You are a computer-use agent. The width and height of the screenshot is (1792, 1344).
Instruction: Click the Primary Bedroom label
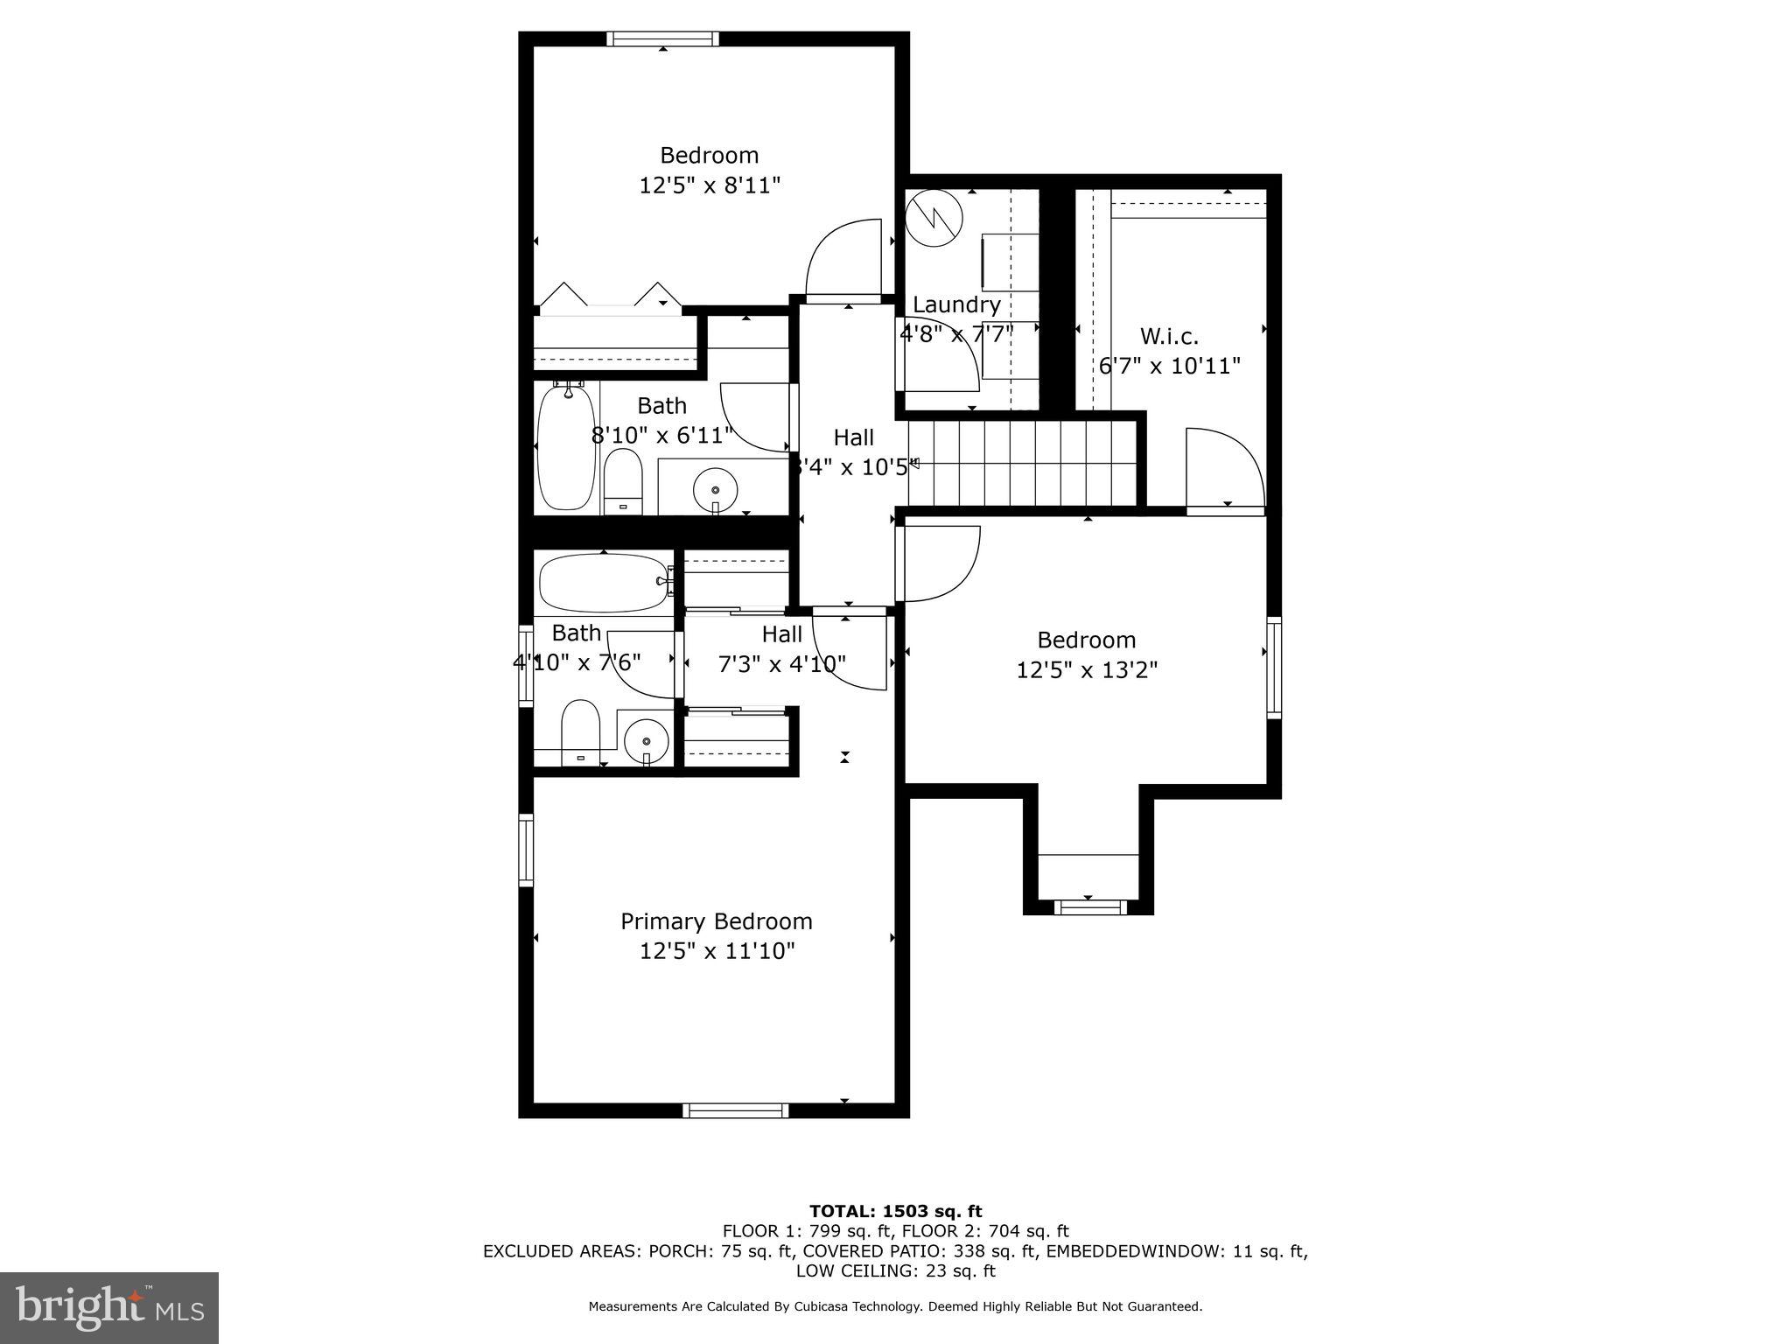pyautogui.click(x=716, y=921)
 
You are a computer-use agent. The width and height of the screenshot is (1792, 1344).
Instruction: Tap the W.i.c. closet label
pyautogui.click(x=1169, y=336)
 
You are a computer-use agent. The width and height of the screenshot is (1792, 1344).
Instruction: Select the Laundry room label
pyautogui.click(x=956, y=304)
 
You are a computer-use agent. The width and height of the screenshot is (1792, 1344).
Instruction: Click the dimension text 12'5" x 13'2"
pyautogui.click(x=1087, y=670)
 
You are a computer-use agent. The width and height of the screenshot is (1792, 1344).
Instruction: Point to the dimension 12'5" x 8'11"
pyautogui.click(x=710, y=185)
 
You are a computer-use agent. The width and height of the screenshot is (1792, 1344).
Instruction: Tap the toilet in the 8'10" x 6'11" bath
pyautogui.click(x=623, y=481)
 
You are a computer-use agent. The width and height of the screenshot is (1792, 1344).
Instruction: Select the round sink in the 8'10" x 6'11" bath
pyautogui.click(x=716, y=484)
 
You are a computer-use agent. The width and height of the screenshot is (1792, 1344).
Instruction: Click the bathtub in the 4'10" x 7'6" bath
pyautogui.click(x=603, y=583)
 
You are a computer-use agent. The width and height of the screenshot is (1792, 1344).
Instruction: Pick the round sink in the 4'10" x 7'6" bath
pyautogui.click(x=647, y=742)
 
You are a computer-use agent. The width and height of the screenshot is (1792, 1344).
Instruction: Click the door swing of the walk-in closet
pyautogui.click(x=1223, y=468)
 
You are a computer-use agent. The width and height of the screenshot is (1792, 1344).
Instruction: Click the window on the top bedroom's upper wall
pyautogui.click(x=662, y=38)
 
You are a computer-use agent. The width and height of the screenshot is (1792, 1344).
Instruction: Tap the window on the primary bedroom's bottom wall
pyautogui.click(x=735, y=1110)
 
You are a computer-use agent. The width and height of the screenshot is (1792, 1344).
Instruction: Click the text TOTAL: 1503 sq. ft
pyautogui.click(x=895, y=1211)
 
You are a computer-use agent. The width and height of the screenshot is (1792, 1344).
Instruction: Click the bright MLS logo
pyautogui.click(x=109, y=1307)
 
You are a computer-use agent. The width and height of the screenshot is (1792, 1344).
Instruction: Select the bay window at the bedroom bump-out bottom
pyautogui.click(x=1089, y=907)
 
